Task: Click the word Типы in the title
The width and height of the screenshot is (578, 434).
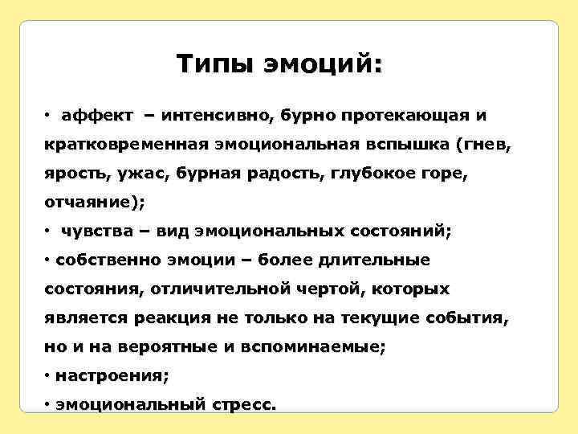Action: (x=212, y=63)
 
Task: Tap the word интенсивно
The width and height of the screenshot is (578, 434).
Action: (x=219, y=116)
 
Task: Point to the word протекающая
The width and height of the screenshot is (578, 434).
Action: (x=404, y=116)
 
